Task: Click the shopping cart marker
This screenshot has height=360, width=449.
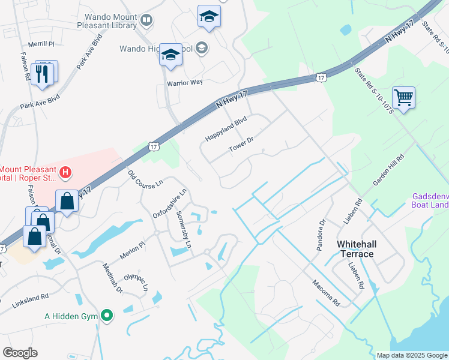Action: [403, 97]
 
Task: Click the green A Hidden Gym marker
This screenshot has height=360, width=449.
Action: [107, 314]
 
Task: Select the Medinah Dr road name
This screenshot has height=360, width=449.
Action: [112, 279]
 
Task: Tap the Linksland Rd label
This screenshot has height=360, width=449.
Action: [30, 301]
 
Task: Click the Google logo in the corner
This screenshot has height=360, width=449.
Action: [20, 353]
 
